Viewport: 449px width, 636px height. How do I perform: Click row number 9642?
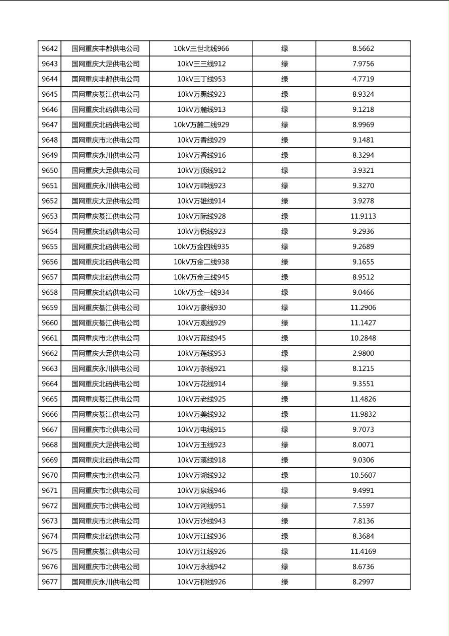[x=50, y=49]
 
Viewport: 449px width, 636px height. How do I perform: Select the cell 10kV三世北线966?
[x=201, y=49]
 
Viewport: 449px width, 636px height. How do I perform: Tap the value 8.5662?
[x=363, y=49]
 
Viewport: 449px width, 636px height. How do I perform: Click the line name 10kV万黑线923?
[x=201, y=94]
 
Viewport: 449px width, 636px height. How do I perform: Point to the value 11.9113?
[x=363, y=216]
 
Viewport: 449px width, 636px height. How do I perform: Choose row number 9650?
[x=50, y=170]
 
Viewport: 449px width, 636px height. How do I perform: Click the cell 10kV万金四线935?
[x=201, y=247]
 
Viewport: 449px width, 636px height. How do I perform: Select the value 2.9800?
[x=363, y=353]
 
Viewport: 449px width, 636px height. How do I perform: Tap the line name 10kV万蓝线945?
[x=201, y=338]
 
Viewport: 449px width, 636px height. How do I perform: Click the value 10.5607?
[x=363, y=475]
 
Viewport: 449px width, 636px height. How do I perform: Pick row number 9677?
[x=50, y=582]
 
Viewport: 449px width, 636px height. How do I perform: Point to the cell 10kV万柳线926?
[x=201, y=582]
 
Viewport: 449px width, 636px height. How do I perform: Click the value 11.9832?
[x=363, y=414]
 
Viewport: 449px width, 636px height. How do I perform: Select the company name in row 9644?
[x=105, y=79]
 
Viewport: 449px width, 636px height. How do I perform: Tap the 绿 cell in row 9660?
[x=284, y=323]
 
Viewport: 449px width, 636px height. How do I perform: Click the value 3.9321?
[x=363, y=170]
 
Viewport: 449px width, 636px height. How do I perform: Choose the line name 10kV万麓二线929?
[x=201, y=125]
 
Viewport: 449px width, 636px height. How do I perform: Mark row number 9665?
[x=50, y=399]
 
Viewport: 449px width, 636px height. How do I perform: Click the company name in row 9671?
[x=105, y=490]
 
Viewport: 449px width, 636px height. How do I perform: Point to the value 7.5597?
[x=363, y=506]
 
